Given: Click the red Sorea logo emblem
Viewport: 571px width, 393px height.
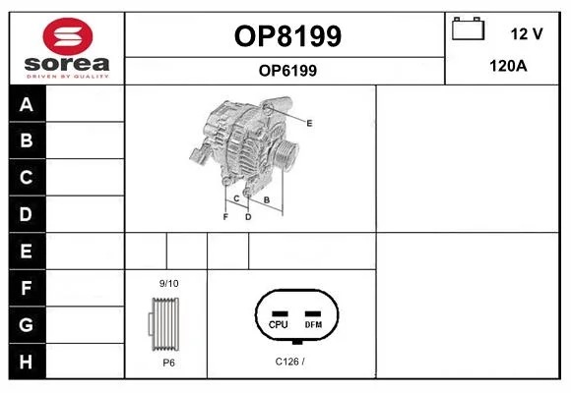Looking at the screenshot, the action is [x=68, y=36].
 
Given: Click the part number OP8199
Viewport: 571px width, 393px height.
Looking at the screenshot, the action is [x=287, y=36].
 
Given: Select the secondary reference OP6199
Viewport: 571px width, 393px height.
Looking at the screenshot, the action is [x=287, y=71].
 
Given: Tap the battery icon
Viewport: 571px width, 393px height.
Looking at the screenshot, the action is [x=469, y=28].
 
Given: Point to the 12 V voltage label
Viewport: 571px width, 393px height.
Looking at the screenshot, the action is [x=527, y=33].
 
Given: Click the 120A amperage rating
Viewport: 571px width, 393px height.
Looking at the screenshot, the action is [x=508, y=66].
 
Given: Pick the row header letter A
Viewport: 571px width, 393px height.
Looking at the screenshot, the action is [x=27, y=105].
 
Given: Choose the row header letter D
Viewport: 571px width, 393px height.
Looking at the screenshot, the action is [x=26, y=214].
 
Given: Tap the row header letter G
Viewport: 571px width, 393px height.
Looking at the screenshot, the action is [x=27, y=324].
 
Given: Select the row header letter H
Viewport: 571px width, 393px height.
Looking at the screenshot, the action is [x=26, y=362].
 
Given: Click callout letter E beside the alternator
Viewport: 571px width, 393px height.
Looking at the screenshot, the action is [x=309, y=123].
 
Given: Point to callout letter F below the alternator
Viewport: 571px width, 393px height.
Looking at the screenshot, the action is [x=225, y=217].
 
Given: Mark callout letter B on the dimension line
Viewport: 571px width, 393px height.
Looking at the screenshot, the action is [x=267, y=199].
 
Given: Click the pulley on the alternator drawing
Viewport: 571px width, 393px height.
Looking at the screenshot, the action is [x=286, y=154].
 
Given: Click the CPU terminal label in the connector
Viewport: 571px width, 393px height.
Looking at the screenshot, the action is [x=279, y=324].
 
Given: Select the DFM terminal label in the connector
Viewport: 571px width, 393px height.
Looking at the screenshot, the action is [x=313, y=324].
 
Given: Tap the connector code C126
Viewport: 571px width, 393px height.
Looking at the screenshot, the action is [x=286, y=362].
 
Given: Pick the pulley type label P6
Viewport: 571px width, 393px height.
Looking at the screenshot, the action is [x=168, y=363].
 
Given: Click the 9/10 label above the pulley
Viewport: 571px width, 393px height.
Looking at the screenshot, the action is [x=169, y=283].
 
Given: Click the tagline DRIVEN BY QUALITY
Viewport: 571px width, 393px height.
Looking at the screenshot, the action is [x=67, y=77].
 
